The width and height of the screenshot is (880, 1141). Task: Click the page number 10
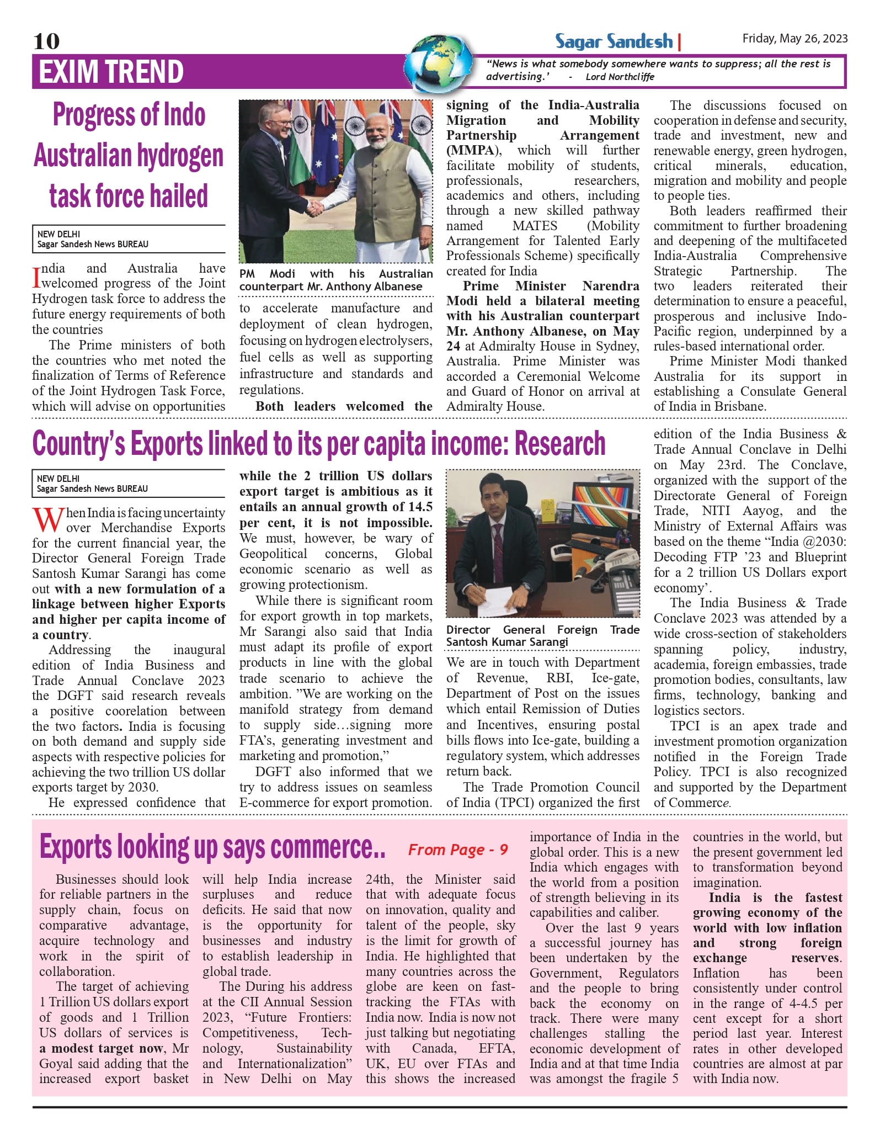click(x=46, y=41)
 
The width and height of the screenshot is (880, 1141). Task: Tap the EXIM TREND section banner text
click(x=111, y=72)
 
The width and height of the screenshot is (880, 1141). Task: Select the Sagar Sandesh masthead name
click(x=614, y=41)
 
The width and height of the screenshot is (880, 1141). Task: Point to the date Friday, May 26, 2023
click(x=794, y=38)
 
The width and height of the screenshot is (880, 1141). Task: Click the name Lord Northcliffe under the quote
click(x=620, y=77)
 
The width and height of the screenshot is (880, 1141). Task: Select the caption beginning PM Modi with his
click(x=335, y=280)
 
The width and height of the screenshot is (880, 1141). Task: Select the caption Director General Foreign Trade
click(x=542, y=635)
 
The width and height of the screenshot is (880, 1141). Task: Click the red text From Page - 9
click(x=458, y=850)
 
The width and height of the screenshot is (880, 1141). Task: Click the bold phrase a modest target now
click(x=102, y=1048)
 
